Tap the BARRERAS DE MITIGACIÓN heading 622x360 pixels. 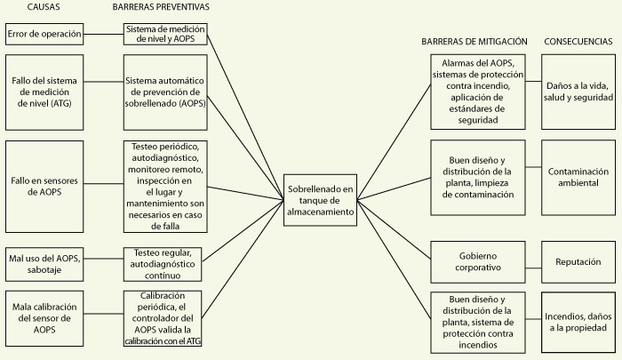tap(474, 42)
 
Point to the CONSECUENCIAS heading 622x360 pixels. tap(578, 42)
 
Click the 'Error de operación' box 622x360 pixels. tap(44, 35)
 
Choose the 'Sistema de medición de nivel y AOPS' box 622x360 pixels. tap(166, 35)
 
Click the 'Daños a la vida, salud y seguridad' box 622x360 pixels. tap(578, 90)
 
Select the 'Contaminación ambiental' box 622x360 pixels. tap(578, 176)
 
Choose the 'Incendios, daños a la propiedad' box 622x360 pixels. tap(578, 321)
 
